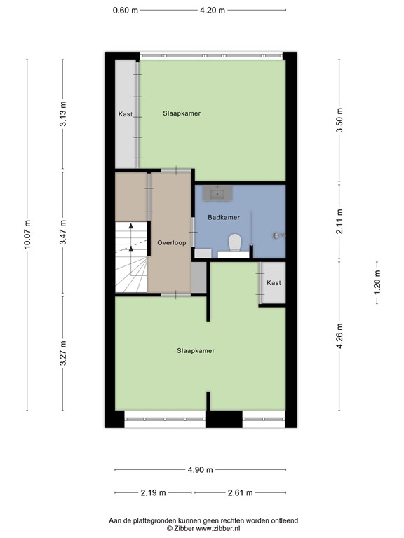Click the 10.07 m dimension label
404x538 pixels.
pos(27,235)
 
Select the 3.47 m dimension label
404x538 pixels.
pos(63,232)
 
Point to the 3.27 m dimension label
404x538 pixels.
pos(63,353)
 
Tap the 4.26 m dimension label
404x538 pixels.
pos(340,335)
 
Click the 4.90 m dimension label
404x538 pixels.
pos(201,469)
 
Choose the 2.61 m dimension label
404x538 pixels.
pos(238,492)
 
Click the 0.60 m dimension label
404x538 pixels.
pos(126,10)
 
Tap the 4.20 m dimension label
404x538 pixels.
pos(212,10)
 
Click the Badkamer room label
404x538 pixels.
pos(224,217)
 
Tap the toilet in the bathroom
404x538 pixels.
pos(235,243)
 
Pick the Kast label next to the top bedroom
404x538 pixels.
pos(126,113)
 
